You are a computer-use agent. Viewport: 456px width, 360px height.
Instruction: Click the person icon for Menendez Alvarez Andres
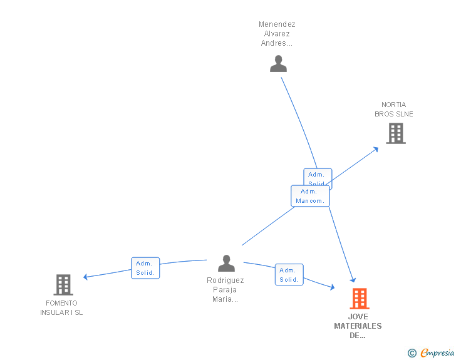click(278, 64)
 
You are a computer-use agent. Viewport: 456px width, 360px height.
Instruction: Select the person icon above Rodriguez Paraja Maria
click(226, 263)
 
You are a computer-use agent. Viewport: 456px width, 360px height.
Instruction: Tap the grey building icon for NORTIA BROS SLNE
click(395, 133)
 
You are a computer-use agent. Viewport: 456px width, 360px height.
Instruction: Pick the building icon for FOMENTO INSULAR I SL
click(63, 285)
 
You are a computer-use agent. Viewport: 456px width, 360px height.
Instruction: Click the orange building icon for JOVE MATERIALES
click(359, 299)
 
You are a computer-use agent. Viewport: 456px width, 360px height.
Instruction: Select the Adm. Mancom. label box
click(310, 196)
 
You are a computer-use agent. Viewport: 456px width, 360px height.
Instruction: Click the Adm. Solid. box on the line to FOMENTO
click(145, 268)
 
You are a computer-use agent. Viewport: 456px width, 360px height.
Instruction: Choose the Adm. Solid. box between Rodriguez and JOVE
click(289, 275)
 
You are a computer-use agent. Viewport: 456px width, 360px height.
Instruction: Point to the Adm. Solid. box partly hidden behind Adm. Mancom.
click(318, 175)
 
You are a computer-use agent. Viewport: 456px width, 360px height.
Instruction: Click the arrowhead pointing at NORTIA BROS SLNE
click(375, 149)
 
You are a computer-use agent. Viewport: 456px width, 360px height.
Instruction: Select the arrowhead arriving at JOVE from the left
click(332, 287)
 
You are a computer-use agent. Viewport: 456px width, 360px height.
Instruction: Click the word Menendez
click(277, 25)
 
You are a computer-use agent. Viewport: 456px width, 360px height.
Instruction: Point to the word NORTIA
click(393, 105)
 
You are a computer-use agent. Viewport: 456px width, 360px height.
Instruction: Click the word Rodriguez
click(225, 280)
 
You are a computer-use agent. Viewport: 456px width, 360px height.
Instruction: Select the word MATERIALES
click(358, 326)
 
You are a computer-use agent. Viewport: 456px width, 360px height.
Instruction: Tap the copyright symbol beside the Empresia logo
click(412, 354)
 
